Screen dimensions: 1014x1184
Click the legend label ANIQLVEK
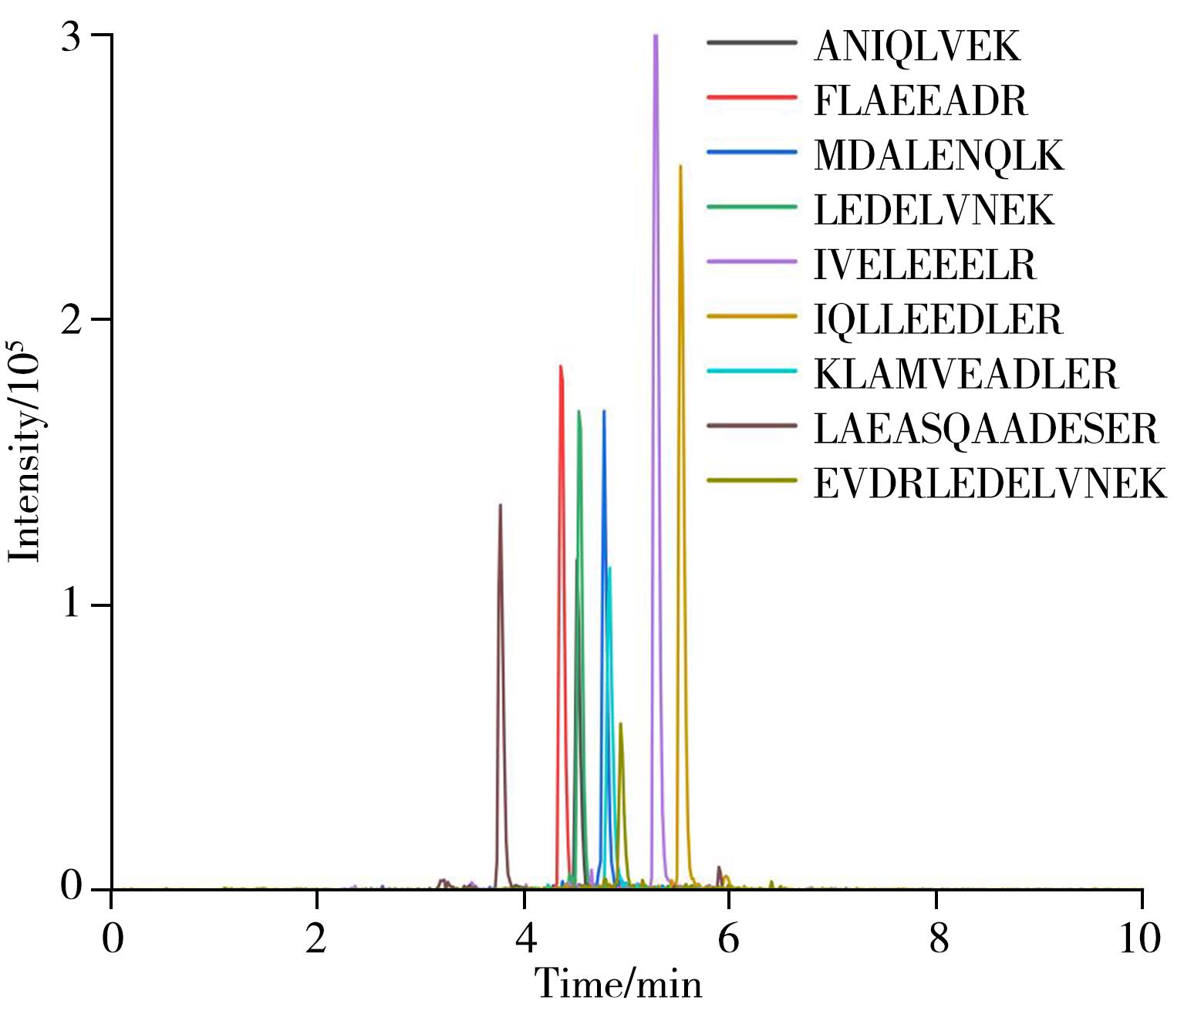tap(916, 47)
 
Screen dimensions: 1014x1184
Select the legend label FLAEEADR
tap(920, 101)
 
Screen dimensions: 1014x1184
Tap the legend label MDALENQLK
tap(938, 156)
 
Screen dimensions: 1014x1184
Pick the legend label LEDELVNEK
tap(933, 211)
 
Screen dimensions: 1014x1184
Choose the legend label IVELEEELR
tap(925, 265)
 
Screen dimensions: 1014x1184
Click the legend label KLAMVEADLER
tap(966, 375)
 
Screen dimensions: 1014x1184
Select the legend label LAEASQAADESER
tap(986, 430)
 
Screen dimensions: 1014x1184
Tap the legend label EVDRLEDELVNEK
tap(990, 484)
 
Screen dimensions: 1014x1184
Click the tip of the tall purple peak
tap(656, 35)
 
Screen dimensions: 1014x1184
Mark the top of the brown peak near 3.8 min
tap(500, 505)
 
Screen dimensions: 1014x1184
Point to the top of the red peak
tap(561, 366)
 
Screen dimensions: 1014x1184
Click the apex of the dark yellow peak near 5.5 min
tap(680, 166)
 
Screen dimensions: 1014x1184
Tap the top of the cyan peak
tap(609, 568)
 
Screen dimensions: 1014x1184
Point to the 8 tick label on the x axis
tap(937, 940)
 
